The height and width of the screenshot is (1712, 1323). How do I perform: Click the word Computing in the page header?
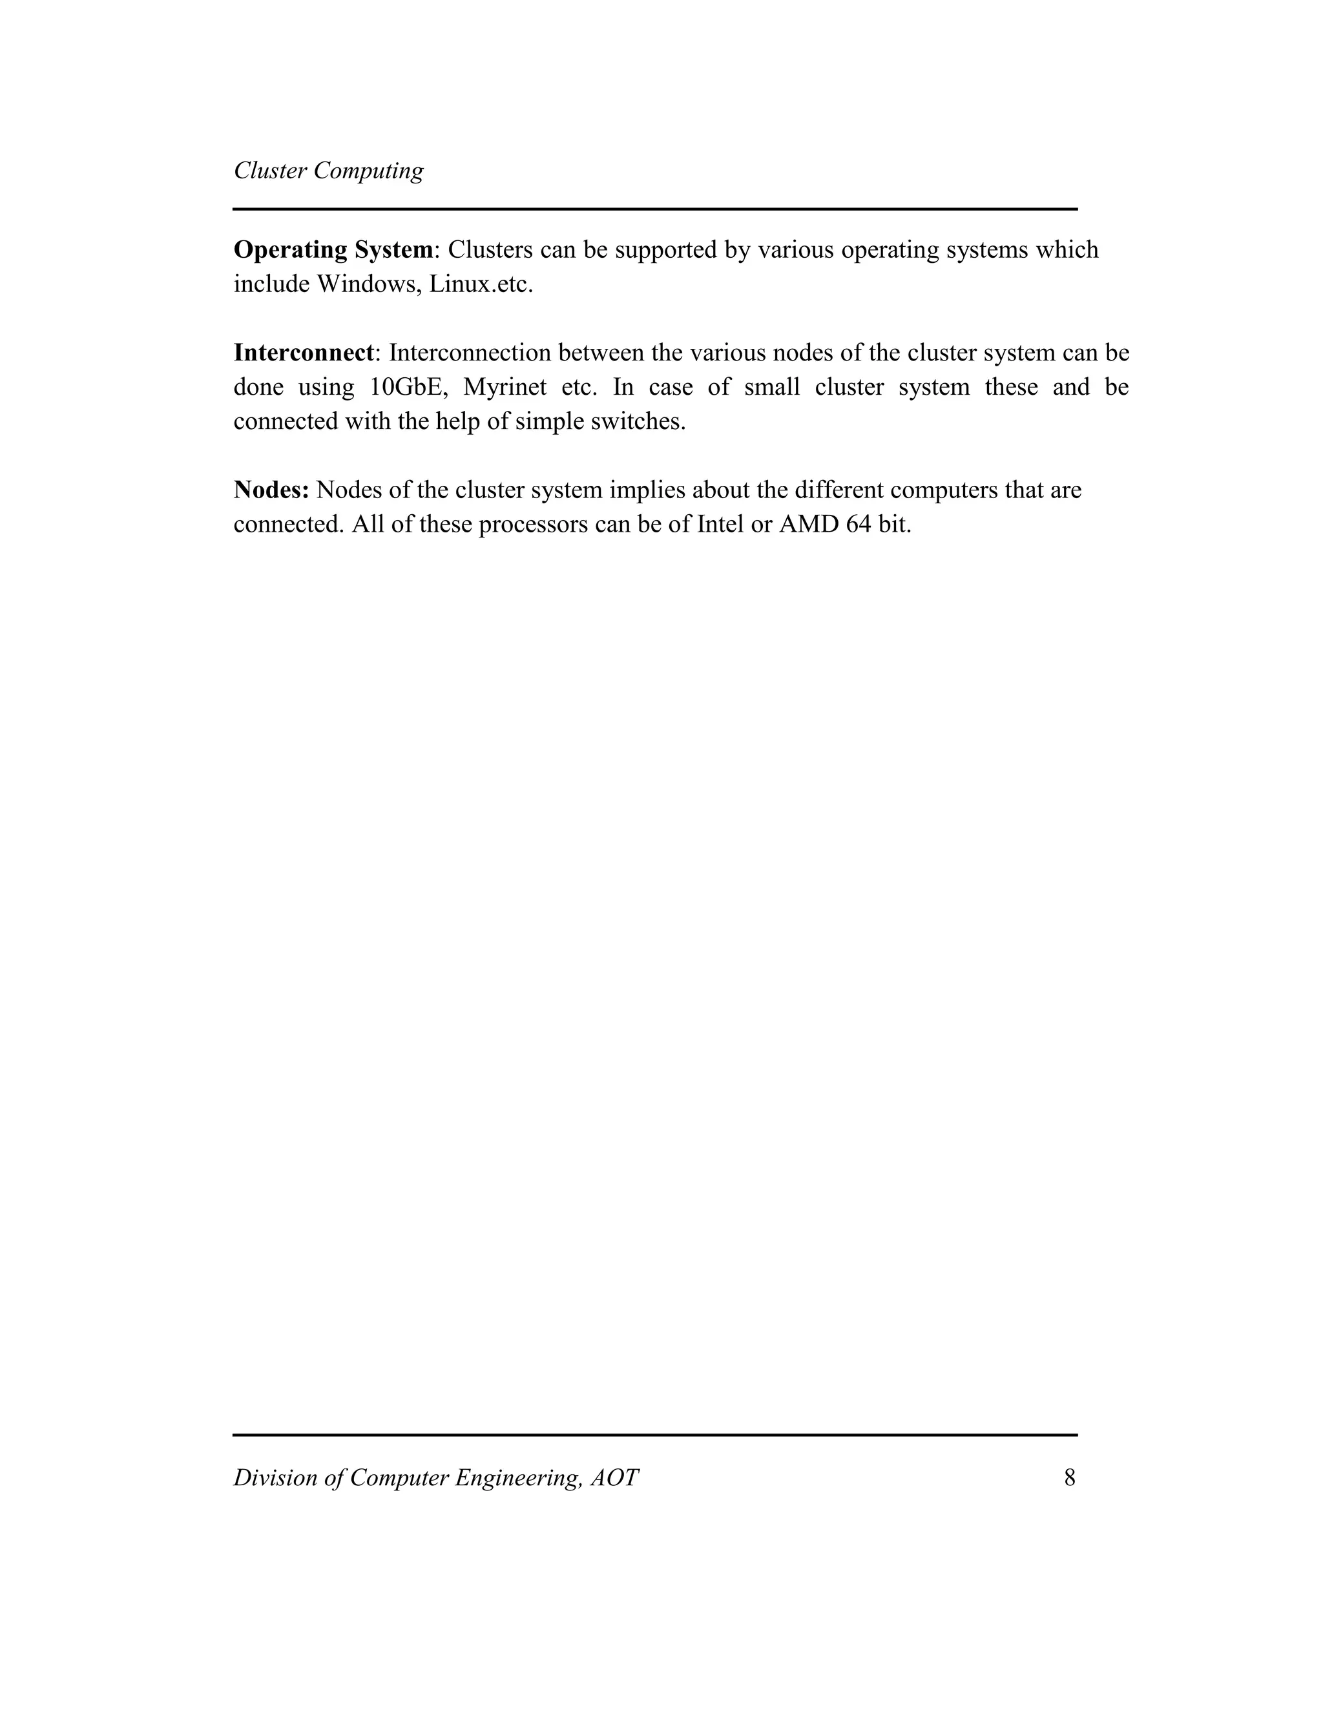point(368,171)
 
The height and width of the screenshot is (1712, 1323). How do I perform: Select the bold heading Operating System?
point(333,250)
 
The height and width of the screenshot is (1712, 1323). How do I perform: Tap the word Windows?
point(368,284)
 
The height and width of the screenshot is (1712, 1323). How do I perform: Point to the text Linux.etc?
point(481,284)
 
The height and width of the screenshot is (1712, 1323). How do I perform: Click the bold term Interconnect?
point(304,353)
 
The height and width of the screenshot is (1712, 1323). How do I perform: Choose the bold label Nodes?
point(271,490)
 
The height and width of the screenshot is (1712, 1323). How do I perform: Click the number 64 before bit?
point(859,525)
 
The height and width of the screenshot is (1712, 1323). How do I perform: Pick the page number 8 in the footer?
point(1069,1477)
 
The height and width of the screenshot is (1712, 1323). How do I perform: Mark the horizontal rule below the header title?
point(655,209)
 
